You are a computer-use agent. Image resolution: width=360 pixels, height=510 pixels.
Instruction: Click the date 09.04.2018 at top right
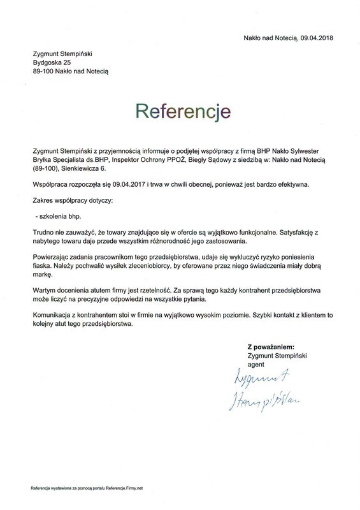click(315, 38)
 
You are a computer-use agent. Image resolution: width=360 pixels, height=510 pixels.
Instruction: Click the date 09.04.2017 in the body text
click(127, 184)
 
